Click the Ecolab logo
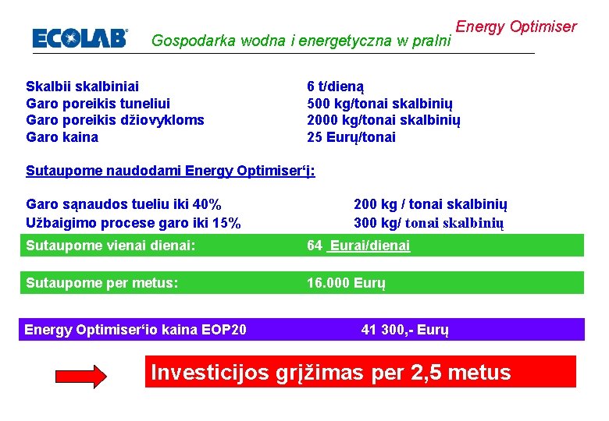click(x=80, y=38)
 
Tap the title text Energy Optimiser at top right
click(x=516, y=27)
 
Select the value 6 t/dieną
click(x=336, y=86)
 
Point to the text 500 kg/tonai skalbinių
click(x=379, y=103)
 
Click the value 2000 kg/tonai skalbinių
click(x=383, y=120)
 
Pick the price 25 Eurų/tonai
click(x=351, y=137)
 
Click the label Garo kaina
click(x=62, y=137)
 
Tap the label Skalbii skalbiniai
click(x=83, y=86)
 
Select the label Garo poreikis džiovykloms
click(x=115, y=120)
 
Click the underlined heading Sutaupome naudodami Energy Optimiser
click(x=170, y=171)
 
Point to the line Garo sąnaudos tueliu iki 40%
click(x=123, y=205)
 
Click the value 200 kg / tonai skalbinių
click(x=430, y=205)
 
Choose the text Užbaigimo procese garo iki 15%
click(x=134, y=223)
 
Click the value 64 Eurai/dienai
click(x=358, y=246)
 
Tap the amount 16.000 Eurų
click(x=346, y=282)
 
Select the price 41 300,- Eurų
click(x=404, y=330)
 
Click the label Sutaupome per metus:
click(x=102, y=282)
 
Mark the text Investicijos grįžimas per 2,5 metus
click(x=331, y=373)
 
